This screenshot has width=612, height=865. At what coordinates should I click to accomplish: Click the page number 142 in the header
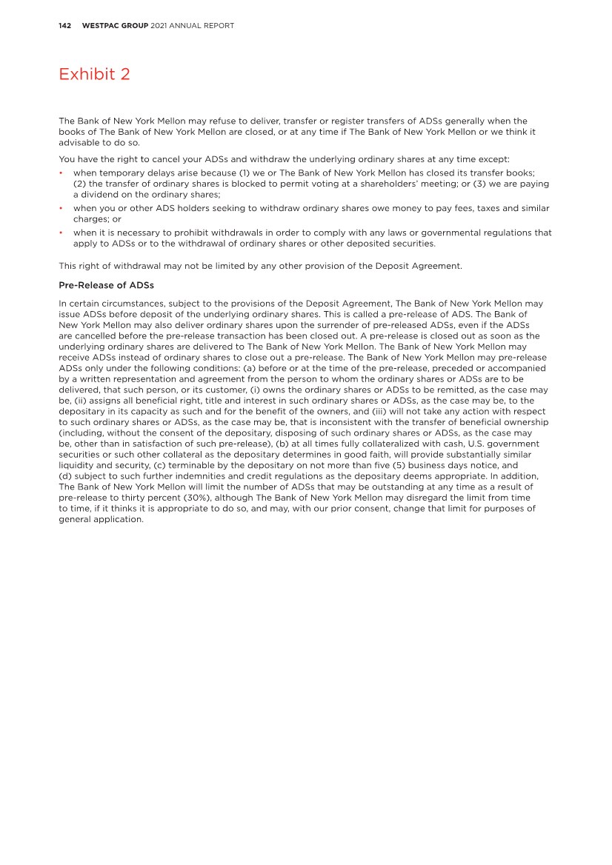pyautogui.click(x=64, y=26)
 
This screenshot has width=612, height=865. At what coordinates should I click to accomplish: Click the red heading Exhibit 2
pyautogui.click(x=94, y=74)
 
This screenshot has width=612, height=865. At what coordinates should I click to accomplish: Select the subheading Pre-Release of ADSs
pyautogui.click(x=105, y=285)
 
